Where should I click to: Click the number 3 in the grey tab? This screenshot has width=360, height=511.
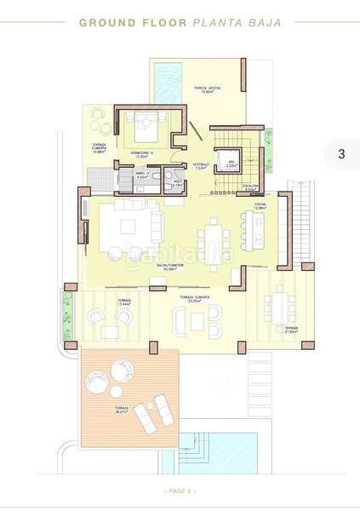[341, 154]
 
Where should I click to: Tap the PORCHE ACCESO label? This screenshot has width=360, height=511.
[208, 89]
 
